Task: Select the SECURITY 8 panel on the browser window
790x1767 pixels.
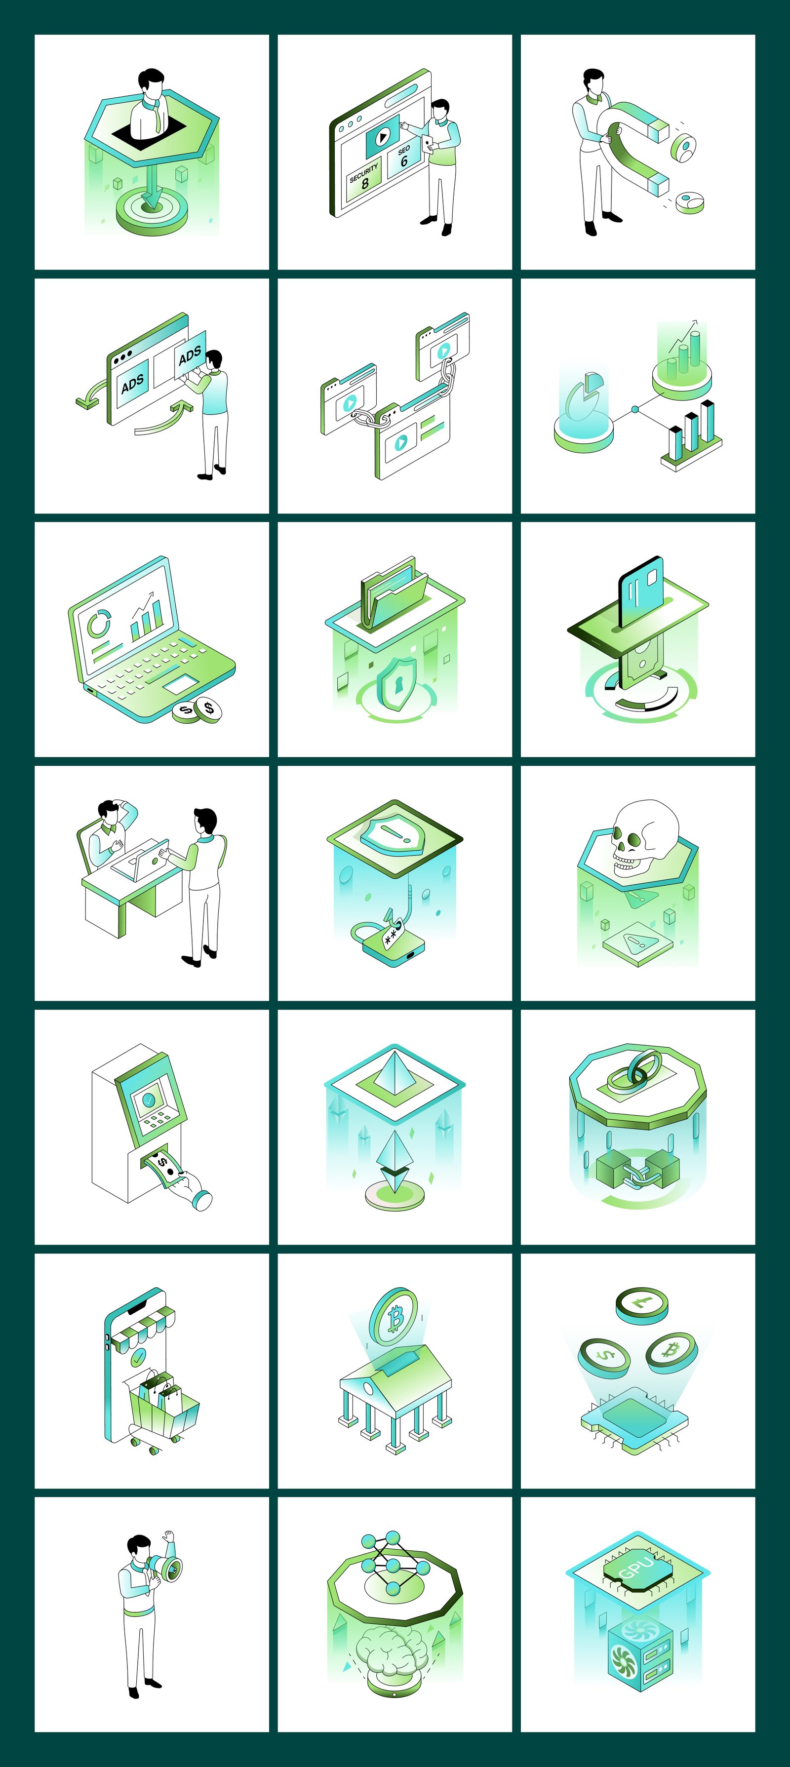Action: pyautogui.click(x=363, y=180)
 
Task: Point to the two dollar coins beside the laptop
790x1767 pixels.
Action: pyautogui.click(x=197, y=710)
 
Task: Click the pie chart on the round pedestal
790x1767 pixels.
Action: pyautogui.click(x=583, y=398)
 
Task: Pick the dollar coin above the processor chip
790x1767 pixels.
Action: pyautogui.click(x=604, y=1355)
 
